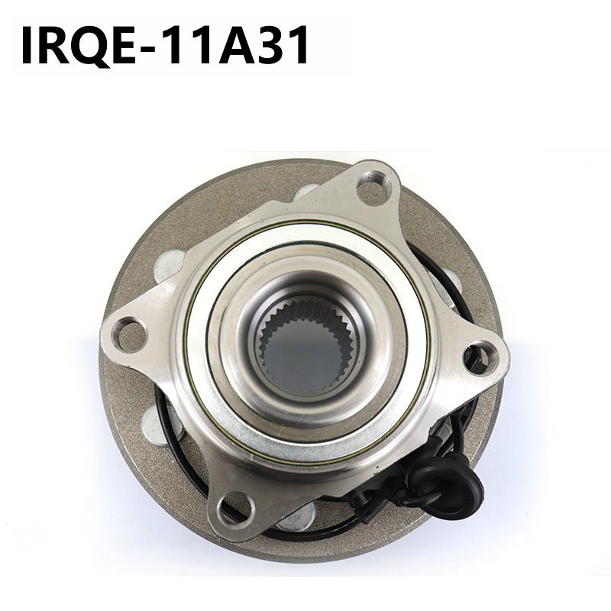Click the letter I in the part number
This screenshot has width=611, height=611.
[27, 45]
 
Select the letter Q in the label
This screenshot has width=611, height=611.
[90, 46]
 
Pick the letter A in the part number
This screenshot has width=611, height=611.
[238, 45]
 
